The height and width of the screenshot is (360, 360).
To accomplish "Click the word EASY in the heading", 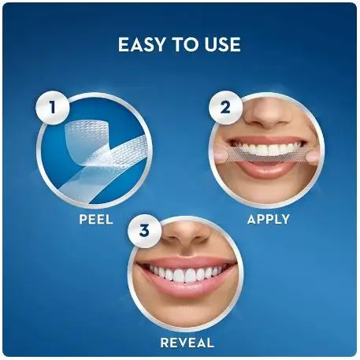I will [x=143, y=44].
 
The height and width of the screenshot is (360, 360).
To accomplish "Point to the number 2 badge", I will [x=225, y=108].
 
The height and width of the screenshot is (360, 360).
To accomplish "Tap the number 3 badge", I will [x=144, y=231].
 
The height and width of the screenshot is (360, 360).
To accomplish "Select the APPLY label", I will [x=268, y=219].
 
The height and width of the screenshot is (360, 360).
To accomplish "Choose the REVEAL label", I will [x=187, y=343].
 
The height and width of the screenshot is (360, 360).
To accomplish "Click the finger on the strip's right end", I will [x=314, y=158].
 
